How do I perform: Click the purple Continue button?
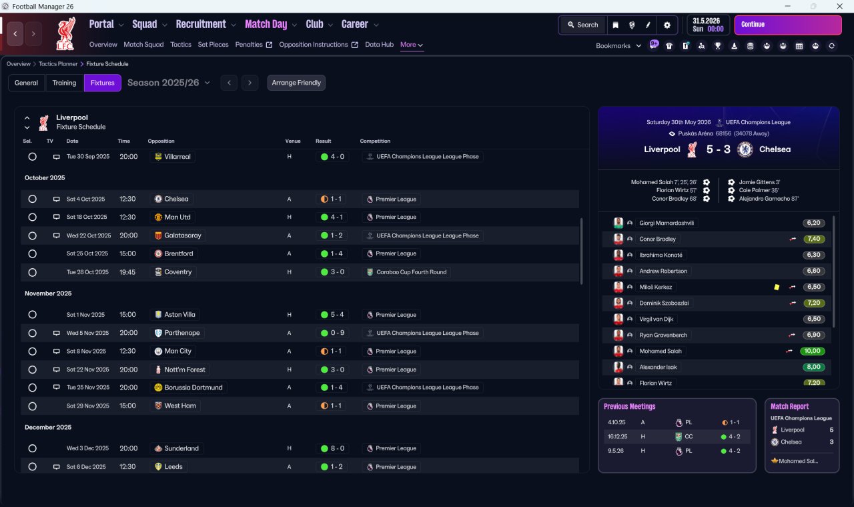pos(788,25)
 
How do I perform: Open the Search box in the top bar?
pos(582,25)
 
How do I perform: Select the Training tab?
pos(64,83)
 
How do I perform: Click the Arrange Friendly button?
pos(296,83)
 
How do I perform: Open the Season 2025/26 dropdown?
pos(169,83)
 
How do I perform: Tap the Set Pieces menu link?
pos(213,45)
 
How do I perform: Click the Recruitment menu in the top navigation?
pos(201,25)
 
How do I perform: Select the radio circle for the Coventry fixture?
pos(33,272)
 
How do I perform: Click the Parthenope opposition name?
pos(182,333)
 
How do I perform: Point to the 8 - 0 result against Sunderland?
pos(332,448)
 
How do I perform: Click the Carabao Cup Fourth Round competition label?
pos(411,272)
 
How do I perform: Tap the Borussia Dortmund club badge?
pos(158,388)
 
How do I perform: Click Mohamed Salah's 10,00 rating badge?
pos(812,351)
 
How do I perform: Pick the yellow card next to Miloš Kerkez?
pos(777,287)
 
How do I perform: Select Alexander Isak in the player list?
pos(658,367)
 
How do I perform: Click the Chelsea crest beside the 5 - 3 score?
pos(745,149)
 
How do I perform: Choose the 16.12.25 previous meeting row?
pos(677,436)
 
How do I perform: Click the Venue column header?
pos(293,141)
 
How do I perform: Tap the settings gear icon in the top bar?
pos(667,25)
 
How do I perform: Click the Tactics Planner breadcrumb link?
pos(58,64)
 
